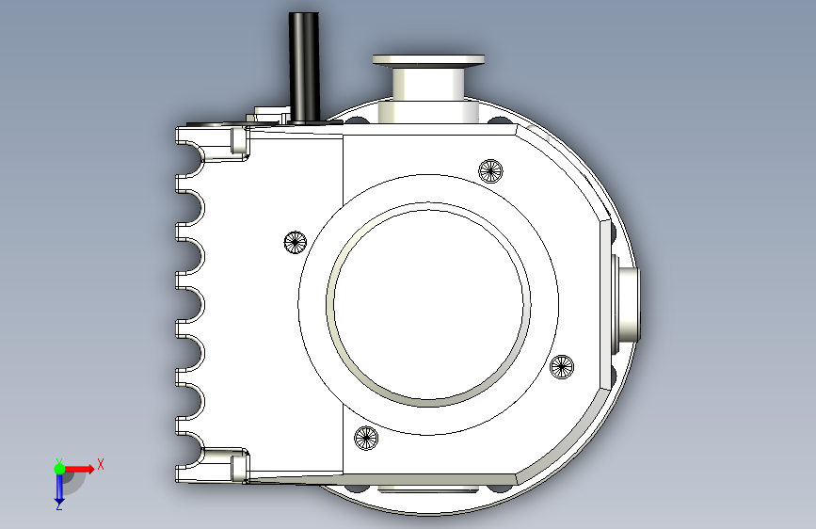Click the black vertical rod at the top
tap(304, 68)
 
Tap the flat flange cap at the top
tap(428, 60)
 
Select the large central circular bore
tap(428, 305)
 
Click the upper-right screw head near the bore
tap(490, 170)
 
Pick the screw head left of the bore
tap(296, 242)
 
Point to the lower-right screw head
tap(562, 366)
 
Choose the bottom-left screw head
tap(366, 438)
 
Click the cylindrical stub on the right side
tap(627, 305)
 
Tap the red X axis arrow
tap(79, 469)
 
